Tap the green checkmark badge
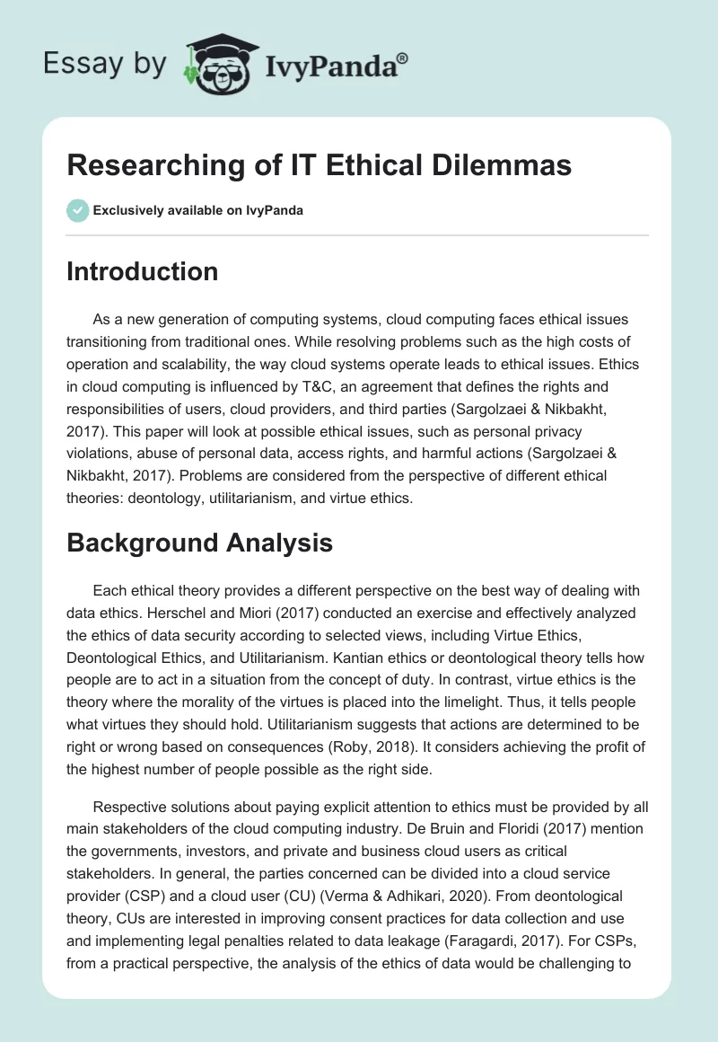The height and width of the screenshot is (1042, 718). pyautogui.click(x=77, y=210)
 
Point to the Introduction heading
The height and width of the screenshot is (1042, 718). pyautogui.click(x=142, y=271)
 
